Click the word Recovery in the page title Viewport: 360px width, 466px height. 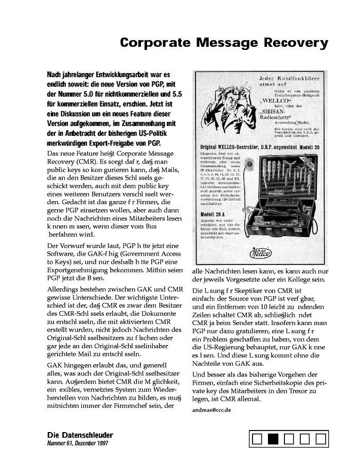[298, 43]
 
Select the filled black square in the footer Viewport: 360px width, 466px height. [273, 439]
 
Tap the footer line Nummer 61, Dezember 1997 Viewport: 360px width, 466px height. [77, 443]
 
